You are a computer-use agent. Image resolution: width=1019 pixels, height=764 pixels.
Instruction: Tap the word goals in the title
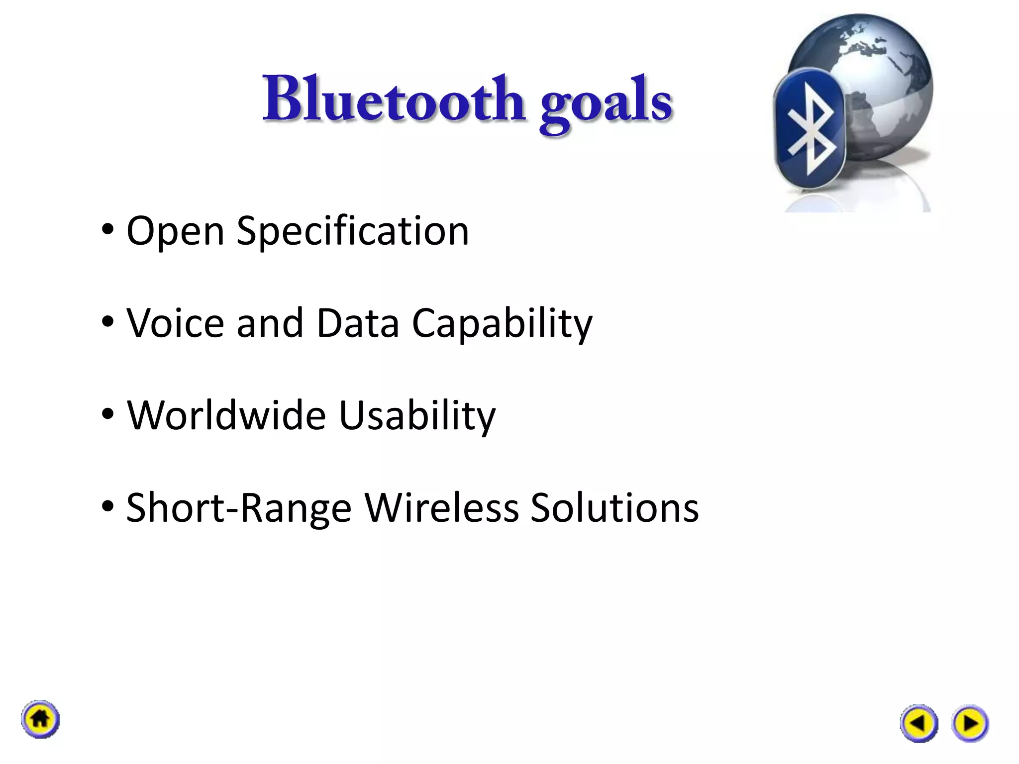click(x=606, y=102)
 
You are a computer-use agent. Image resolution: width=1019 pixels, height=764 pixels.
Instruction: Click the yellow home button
click(x=40, y=719)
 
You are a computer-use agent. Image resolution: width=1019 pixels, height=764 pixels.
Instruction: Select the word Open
click(x=175, y=232)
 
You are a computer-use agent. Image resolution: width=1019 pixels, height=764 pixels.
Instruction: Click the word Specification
click(x=352, y=232)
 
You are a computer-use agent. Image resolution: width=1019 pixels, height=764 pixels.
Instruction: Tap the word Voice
click(x=175, y=323)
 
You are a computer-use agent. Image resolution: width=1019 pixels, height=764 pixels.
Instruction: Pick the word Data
click(x=357, y=323)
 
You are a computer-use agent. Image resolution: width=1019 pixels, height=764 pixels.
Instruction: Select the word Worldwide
click(x=226, y=415)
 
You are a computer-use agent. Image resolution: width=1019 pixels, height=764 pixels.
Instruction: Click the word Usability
click(x=417, y=416)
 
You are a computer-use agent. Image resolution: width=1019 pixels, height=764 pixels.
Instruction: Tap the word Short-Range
click(x=239, y=508)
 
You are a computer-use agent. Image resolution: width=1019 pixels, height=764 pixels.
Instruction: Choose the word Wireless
click(x=441, y=507)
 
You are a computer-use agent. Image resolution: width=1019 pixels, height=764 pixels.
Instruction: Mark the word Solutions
click(x=614, y=507)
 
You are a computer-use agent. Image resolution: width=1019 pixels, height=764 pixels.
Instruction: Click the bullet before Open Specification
click(x=107, y=230)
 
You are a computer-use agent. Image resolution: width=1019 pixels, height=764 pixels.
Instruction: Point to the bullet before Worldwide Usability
click(x=107, y=414)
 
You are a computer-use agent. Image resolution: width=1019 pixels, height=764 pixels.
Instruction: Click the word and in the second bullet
click(x=270, y=323)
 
